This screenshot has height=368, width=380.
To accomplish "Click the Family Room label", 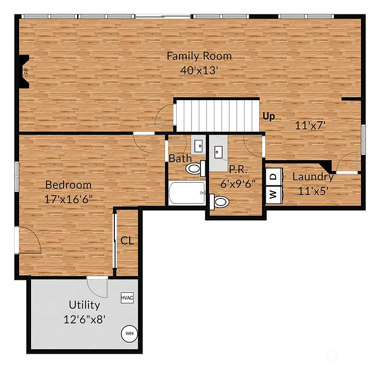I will tap(199, 56).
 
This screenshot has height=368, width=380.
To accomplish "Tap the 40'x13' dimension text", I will tap(199, 70).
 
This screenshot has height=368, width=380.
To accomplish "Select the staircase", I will tap(216, 115).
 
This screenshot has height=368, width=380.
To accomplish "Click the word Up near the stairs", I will tap(269, 116).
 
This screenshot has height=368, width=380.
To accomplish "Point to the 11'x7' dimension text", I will tap(310, 126).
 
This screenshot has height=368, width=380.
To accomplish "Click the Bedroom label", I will tap(68, 184).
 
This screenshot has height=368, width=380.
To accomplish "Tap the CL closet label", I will tap(127, 241).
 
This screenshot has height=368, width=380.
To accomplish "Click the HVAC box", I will tap(127, 298).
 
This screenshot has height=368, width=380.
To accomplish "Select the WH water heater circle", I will tap(129, 333).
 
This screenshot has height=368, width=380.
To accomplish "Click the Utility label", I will tap(84, 305).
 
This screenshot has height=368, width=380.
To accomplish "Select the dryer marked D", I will tap(273, 177).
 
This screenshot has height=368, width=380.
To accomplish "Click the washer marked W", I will tap(273, 195).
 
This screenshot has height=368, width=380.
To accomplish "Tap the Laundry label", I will tap(313, 176).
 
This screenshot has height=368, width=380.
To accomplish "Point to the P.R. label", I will tap(237, 169).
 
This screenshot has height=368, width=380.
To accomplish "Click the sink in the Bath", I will tap(198, 144).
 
